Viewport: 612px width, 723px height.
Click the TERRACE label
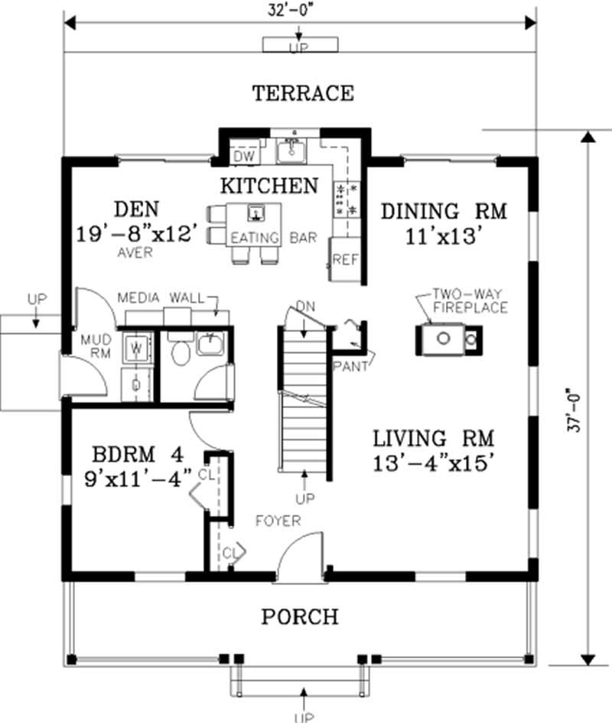[x=303, y=93]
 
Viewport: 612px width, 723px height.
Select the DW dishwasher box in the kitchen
[x=243, y=156]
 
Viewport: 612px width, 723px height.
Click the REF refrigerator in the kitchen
[x=345, y=260]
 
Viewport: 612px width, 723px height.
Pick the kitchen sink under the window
[x=291, y=153]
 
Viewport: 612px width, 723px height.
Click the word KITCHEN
[x=269, y=185]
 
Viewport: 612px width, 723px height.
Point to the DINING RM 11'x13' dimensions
[x=444, y=237]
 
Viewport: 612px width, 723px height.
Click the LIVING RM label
[x=433, y=439]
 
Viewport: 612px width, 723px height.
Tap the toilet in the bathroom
[x=181, y=352]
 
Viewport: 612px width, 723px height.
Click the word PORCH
[x=299, y=616]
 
